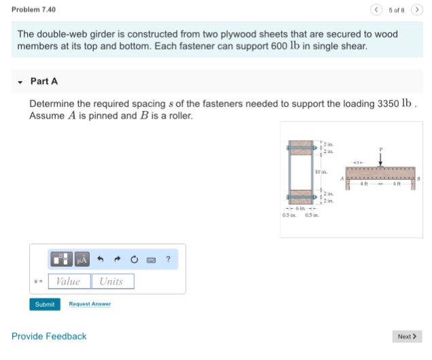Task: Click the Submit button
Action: tap(44, 304)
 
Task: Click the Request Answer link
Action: tap(90, 304)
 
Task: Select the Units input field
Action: tap(112, 281)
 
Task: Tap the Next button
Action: tap(407, 336)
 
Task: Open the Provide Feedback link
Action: tap(49, 336)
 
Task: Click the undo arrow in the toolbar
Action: tap(100, 259)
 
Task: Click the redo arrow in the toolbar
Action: tap(117, 259)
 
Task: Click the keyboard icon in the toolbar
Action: tap(151, 259)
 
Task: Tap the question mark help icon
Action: tap(168, 259)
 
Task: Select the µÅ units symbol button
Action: tap(82, 259)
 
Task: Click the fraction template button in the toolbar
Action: tap(61, 259)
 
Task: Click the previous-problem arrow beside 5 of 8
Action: tap(376, 10)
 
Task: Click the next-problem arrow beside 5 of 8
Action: tap(416, 10)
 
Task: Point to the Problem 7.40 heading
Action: tap(34, 10)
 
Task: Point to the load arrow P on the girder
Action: tap(380, 159)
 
